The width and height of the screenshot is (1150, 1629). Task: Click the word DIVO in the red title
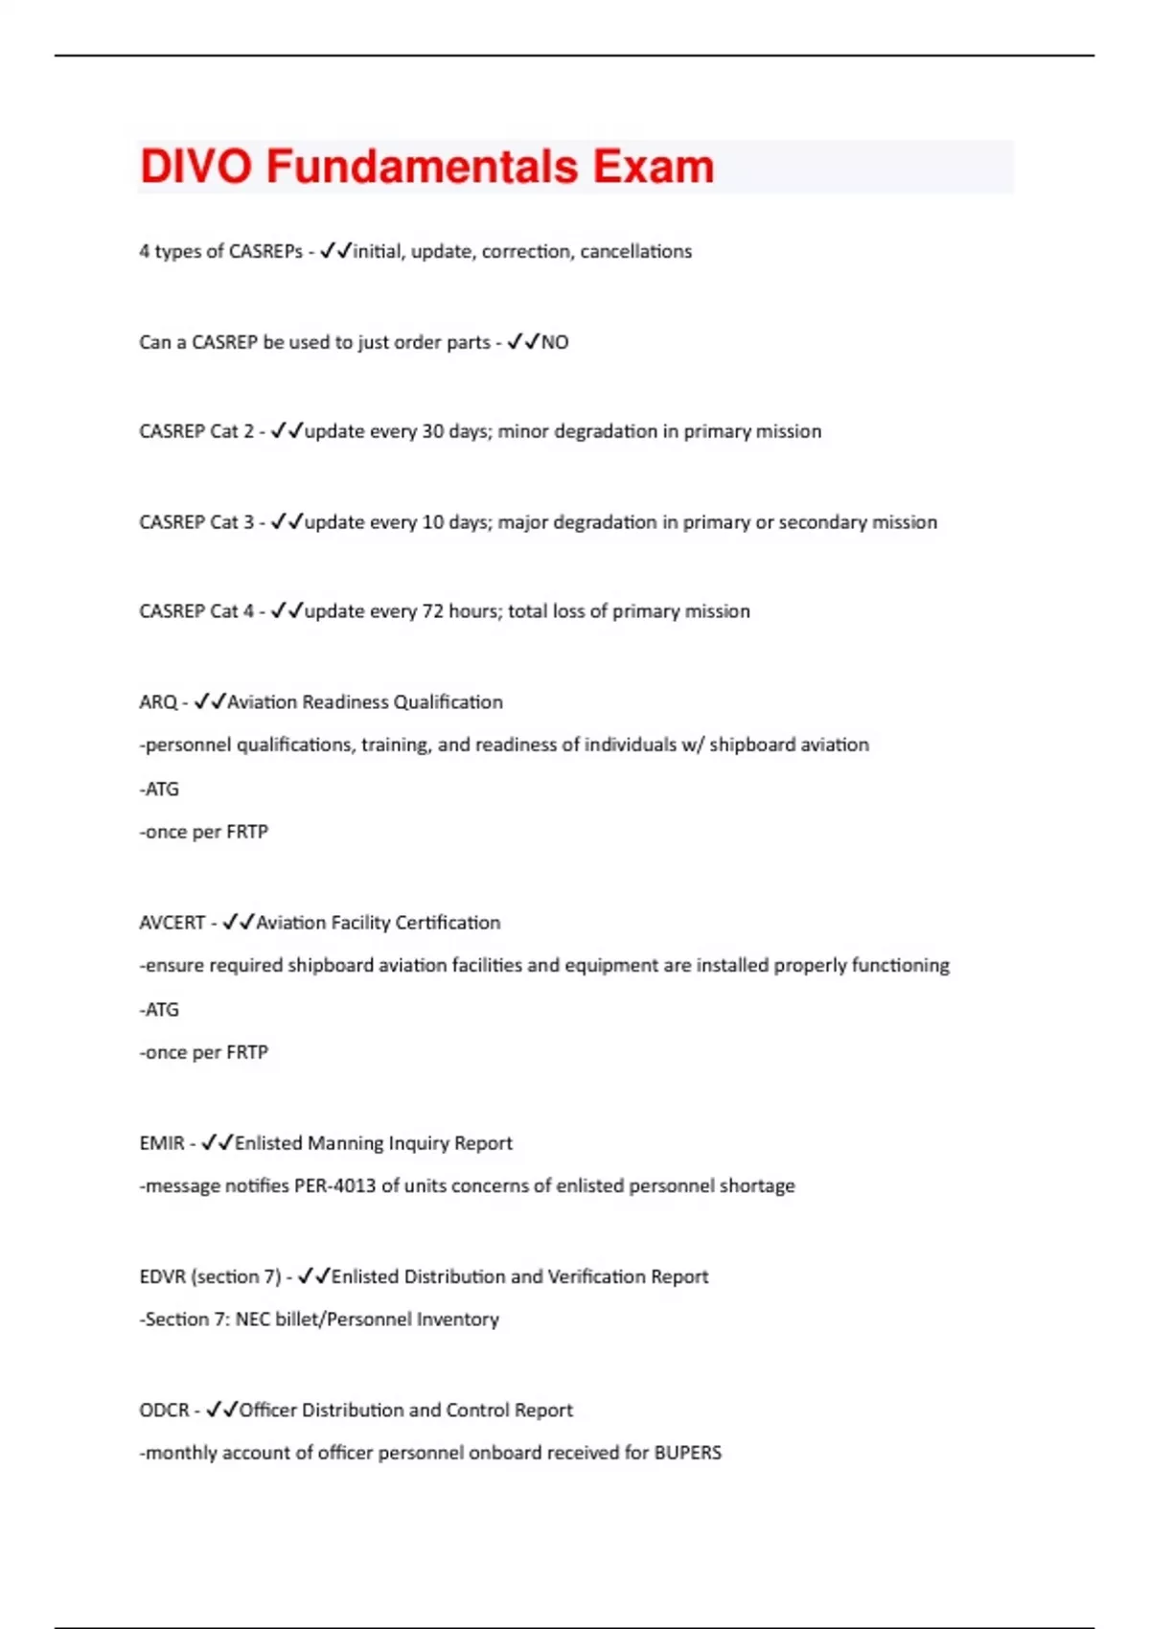tap(195, 167)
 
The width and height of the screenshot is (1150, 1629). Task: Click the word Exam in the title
tap(653, 167)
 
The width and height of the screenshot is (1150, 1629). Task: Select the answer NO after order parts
tap(555, 342)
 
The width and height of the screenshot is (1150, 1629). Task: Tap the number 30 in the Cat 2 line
tap(433, 431)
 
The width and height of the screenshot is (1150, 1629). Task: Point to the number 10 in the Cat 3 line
tap(433, 522)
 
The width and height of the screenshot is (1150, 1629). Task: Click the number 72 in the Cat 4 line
tap(433, 611)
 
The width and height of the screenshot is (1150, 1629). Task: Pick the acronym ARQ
tap(158, 702)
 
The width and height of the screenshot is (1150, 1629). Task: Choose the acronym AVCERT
tap(172, 923)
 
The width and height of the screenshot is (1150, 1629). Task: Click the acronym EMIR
tap(162, 1143)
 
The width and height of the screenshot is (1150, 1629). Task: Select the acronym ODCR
tap(164, 1411)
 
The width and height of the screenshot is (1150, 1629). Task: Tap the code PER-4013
tap(334, 1186)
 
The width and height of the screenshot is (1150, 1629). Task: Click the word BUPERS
tap(687, 1453)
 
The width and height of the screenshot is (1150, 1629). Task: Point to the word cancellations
tap(635, 251)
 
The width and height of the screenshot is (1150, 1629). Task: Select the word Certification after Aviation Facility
tap(448, 923)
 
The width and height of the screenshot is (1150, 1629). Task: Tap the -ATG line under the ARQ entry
tap(159, 790)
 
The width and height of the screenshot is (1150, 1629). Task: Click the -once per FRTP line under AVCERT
tap(203, 1052)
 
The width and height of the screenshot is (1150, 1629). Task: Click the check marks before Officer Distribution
tap(221, 1410)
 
